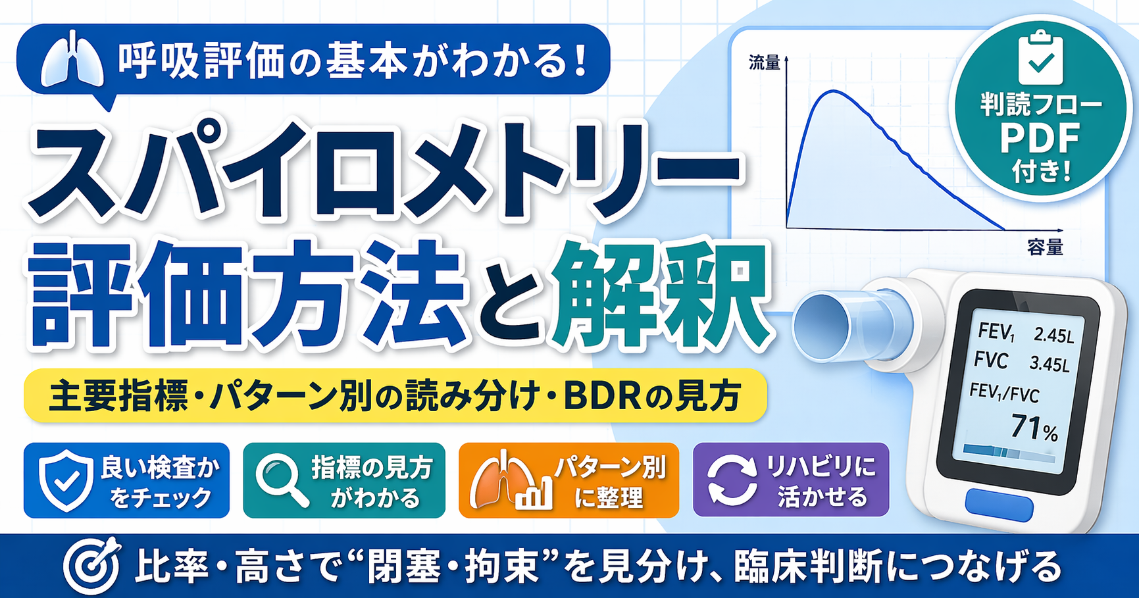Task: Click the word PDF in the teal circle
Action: (1040, 138)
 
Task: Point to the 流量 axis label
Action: (765, 62)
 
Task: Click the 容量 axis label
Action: (1046, 247)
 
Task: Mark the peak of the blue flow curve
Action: (833, 91)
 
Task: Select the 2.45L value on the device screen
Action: (1053, 335)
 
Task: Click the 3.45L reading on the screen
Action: (1050, 364)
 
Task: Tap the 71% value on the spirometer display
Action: (1034, 428)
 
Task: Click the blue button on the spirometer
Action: (999, 507)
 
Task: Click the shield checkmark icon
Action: (66, 481)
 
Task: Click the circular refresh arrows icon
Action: (731, 481)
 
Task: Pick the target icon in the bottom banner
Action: (92, 565)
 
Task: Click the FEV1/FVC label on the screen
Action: (1004, 394)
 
